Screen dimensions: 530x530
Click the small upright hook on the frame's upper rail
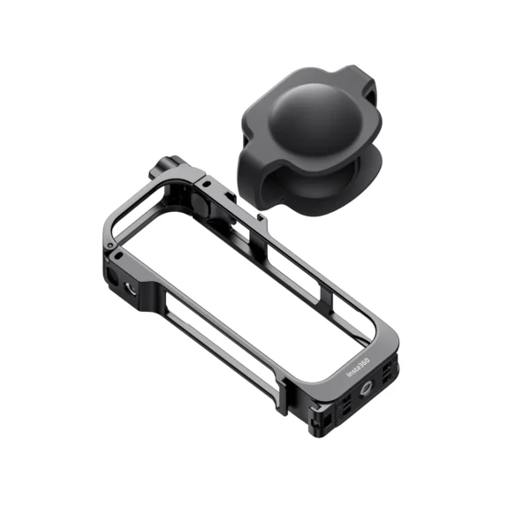(x=261, y=215)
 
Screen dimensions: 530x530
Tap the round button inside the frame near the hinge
(x=201, y=206)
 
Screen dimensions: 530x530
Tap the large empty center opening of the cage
(x=256, y=283)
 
